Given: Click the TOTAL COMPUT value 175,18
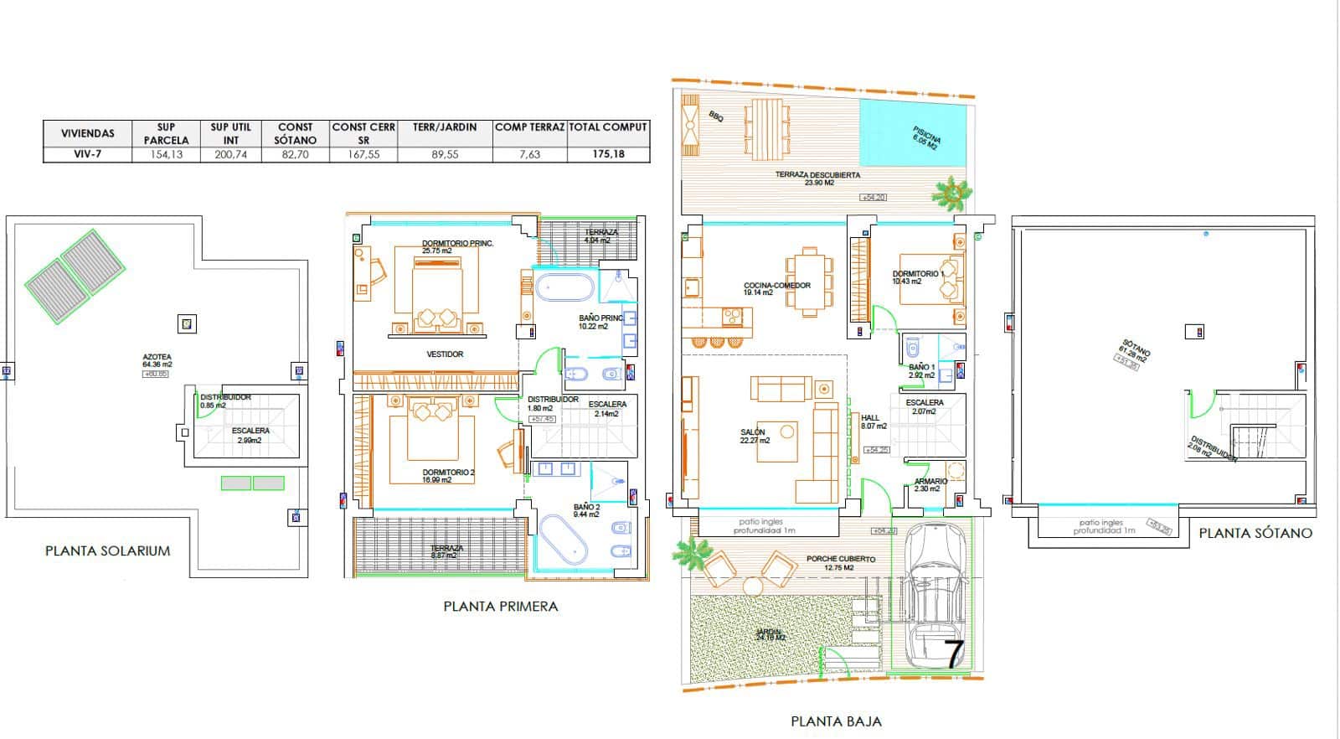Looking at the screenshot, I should point(609,154).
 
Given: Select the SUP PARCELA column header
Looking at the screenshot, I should point(166,133).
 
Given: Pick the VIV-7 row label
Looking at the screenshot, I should point(87,154).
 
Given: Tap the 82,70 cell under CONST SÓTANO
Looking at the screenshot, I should point(295,154).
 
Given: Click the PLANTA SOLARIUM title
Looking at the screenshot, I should point(107,551).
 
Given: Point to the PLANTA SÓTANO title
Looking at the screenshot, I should point(1255,533).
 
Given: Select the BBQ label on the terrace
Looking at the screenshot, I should point(715,117).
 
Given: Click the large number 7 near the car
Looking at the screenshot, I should point(953,653).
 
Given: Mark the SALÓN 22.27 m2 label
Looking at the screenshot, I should point(753,436).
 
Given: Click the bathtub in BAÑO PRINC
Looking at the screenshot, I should point(564,288).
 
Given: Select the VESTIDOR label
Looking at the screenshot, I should point(445,354).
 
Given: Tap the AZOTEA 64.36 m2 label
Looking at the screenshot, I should point(157,361).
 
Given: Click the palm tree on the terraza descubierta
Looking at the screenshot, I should point(953,194).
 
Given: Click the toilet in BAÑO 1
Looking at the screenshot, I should point(913,346).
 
